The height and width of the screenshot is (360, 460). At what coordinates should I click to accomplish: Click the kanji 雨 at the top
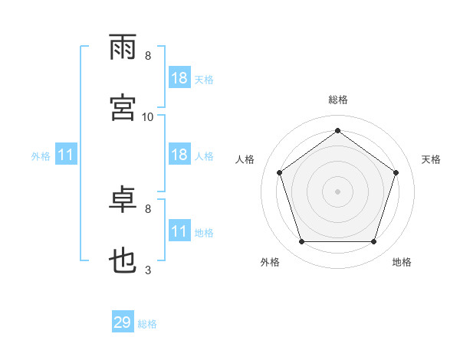(x=123, y=47)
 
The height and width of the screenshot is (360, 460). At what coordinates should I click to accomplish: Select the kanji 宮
(x=123, y=107)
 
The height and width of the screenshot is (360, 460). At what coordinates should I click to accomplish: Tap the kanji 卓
(x=123, y=199)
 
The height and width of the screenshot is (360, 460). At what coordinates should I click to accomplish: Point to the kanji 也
(x=123, y=260)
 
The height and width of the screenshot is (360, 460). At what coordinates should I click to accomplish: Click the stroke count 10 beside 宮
(x=147, y=117)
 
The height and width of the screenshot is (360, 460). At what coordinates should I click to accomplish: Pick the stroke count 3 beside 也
(x=148, y=270)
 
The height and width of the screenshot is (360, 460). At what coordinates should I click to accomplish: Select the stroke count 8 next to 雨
(x=148, y=56)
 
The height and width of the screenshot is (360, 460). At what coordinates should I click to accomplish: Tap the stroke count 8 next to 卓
(x=148, y=209)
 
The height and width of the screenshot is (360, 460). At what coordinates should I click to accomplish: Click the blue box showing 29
(x=123, y=321)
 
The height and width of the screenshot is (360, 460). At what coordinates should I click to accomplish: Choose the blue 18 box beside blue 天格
(x=179, y=77)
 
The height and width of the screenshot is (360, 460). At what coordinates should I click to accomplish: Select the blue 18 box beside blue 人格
(x=179, y=154)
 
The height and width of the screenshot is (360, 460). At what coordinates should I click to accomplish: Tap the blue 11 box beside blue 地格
(x=179, y=230)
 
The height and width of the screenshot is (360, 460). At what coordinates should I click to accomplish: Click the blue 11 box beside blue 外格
(x=66, y=154)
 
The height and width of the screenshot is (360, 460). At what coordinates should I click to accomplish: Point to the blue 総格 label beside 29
(x=147, y=324)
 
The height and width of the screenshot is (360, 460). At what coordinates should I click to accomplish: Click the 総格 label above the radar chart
(x=338, y=100)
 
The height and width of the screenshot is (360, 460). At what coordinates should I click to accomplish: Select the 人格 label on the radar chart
(x=245, y=159)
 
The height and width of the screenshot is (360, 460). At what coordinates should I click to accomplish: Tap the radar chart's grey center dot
(x=337, y=191)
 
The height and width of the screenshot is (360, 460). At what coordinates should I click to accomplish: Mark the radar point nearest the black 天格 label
(x=396, y=172)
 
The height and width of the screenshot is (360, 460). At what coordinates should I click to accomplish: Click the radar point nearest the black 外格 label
(x=301, y=241)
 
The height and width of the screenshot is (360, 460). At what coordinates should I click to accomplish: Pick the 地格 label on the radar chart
(x=402, y=262)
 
